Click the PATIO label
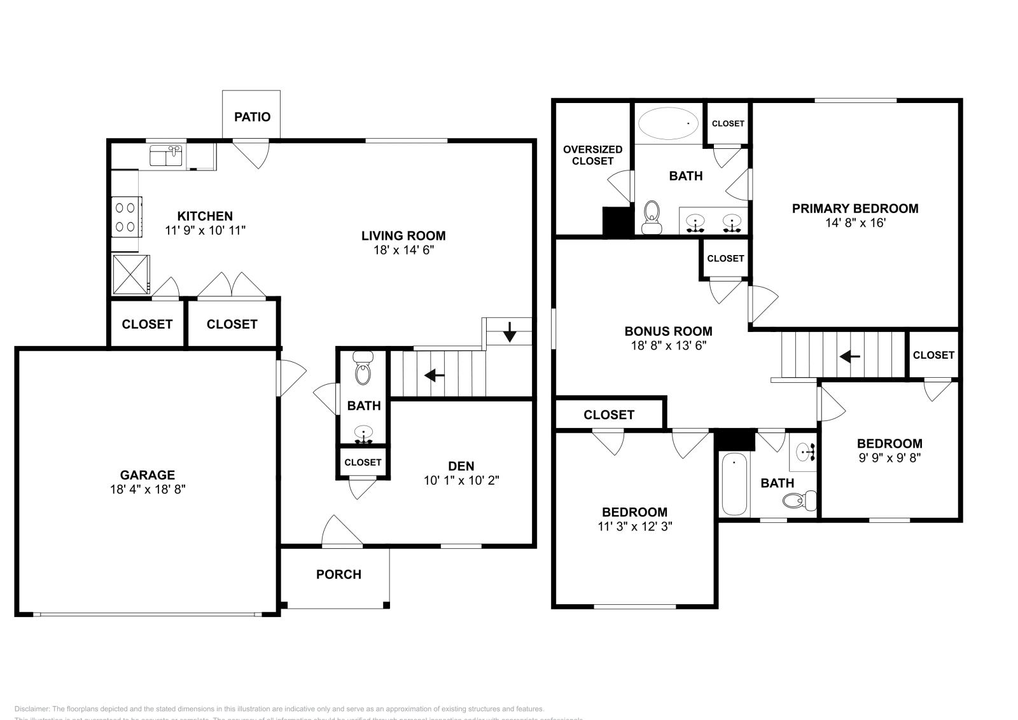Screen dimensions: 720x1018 [252, 116]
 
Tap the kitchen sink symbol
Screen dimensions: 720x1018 [166, 156]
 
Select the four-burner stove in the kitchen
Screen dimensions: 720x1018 [126, 216]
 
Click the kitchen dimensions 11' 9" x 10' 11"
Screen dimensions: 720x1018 [205, 230]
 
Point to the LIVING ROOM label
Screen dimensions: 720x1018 [403, 236]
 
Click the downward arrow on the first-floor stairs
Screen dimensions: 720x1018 [510, 332]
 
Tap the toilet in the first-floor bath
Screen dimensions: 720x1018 [363, 372]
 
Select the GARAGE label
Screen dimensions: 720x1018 [148, 474]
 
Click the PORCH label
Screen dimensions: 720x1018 [338, 574]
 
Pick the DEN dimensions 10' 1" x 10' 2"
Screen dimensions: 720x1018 [461, 480]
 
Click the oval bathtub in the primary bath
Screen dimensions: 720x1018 [667, 123]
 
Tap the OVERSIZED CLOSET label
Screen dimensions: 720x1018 [592, 155]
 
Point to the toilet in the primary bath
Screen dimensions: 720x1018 [652, 217]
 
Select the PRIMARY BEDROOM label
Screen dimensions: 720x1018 [854, 208]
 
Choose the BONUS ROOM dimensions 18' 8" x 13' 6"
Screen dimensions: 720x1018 [668, 345]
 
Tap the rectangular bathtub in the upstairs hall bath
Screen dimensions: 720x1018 [734, 484]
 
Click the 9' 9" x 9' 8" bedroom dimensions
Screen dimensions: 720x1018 [889, 457]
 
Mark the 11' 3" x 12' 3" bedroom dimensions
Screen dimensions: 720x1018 [634, 526]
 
